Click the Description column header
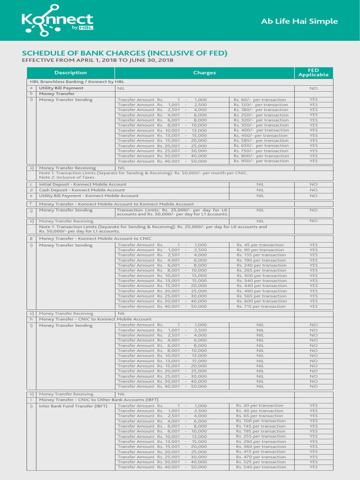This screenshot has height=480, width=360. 70,73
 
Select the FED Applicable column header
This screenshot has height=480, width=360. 313,73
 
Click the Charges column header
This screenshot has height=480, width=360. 204,73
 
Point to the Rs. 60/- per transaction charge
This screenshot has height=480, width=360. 261,100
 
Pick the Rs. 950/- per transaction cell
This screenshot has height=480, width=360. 261,161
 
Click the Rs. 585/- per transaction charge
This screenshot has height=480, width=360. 261,141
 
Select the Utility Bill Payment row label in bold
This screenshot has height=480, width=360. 61,88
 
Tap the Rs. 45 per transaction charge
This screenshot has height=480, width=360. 260,245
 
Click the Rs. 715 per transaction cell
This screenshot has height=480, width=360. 261,307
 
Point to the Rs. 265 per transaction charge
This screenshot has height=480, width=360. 261,270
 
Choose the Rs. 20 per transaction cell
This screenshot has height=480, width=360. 260,405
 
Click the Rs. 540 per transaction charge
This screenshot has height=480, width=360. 261,467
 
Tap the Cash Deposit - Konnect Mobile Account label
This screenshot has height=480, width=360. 82,190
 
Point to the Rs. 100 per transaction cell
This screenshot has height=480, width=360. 261,421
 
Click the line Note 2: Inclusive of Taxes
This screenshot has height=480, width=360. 67,177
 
